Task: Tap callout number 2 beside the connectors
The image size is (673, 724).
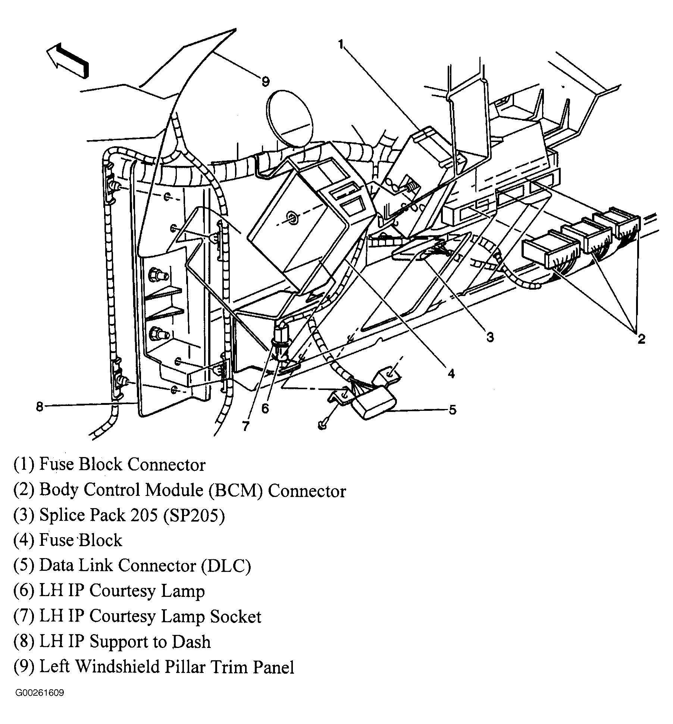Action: (x=641, y=339)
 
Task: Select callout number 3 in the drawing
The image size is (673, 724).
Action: (x=490, y=337)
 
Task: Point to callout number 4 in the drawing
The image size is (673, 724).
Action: (x=451, y=373)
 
